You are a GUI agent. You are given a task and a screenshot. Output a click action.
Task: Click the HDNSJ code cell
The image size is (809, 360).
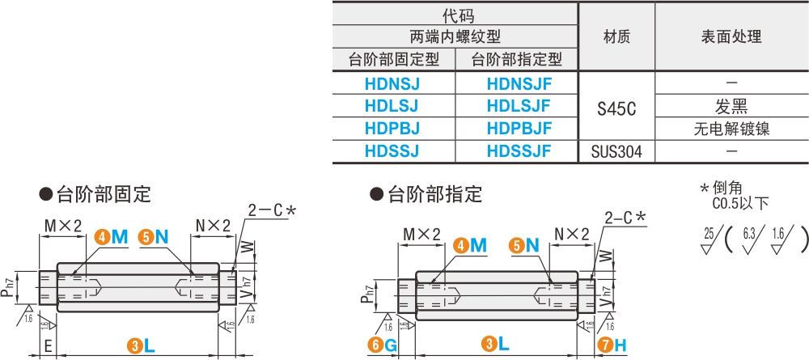click(393, 82)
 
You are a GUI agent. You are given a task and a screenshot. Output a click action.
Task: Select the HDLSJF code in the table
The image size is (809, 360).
click(518, 105)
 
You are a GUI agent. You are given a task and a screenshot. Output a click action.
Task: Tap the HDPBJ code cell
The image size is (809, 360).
click(393, 128)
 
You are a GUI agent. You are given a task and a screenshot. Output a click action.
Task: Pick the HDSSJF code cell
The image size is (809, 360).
click(518, 150)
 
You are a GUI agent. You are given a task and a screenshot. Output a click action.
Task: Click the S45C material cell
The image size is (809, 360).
click(616, 105)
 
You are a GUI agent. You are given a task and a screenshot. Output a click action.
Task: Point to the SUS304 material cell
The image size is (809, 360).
click(616, 151)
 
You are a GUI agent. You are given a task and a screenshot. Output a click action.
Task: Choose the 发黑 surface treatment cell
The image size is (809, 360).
click(731, 105)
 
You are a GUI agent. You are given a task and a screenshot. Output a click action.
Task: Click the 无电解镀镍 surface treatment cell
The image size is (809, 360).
click(731, 128)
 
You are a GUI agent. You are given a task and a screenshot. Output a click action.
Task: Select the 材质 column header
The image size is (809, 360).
click(616, 36)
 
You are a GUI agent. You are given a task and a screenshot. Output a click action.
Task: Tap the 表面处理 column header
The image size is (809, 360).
click(731, 36)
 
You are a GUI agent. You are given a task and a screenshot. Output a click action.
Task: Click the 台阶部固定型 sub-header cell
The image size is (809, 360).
click(393, 59)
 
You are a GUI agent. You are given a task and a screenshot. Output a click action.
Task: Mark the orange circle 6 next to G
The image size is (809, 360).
click(375, 345)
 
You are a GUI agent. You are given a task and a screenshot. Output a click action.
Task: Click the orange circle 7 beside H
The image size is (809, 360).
click(604, 345)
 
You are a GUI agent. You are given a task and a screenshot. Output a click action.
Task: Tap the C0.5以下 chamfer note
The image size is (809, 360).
click(740, 203)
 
